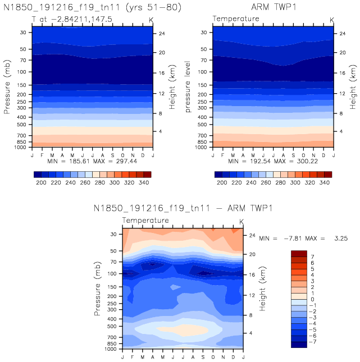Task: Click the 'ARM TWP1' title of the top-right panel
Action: point(273,7)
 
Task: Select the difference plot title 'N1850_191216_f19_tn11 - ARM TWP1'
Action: point(183,208)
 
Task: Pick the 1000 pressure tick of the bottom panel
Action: point(110,349)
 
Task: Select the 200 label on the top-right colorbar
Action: point(222,184)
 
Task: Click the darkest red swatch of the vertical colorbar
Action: point(299,253)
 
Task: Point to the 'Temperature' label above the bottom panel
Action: point(145,221)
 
